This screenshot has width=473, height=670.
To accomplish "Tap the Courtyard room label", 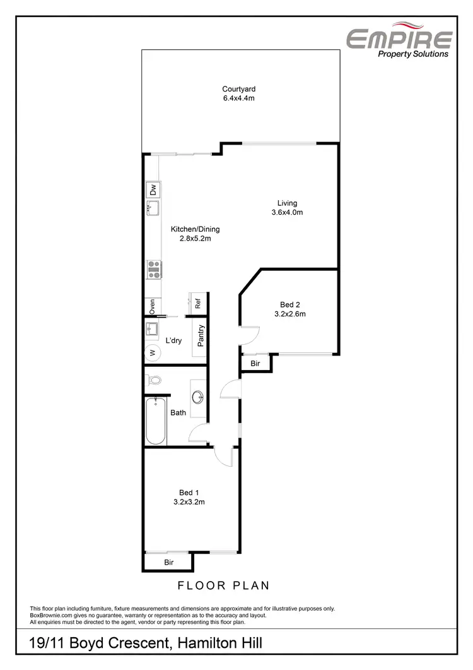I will click(x=238, y=89).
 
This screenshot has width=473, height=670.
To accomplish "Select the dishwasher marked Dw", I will click(x=152, y=189).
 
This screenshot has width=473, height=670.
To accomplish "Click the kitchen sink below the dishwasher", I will click(x=152, y=208).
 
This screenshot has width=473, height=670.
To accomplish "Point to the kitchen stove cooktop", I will click(x=152, y=270).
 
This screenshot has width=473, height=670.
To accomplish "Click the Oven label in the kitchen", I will click(x=152, y=306).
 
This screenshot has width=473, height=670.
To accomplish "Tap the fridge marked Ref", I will click(x=197, y=302).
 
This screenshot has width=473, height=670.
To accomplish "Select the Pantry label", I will click(x=201, y=336).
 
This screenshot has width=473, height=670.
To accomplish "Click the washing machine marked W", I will click(x=151, y=352).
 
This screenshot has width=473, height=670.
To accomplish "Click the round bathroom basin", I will click(x=198, y=398).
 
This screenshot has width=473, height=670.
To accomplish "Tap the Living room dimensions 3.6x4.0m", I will click(x=287, y=212).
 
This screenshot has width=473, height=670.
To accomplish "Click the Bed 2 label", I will click(x=289, y=305).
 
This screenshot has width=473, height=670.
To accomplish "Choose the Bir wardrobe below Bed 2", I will click(x=255, y=364).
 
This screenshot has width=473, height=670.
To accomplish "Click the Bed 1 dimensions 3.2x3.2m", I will click(x=189, y=502).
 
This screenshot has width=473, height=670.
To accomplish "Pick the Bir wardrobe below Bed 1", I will click(x=168, y=561).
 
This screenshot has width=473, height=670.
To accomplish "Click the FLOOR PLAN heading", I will click(x=223, y=585).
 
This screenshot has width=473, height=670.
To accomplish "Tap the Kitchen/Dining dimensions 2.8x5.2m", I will click(x=196, y=239).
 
